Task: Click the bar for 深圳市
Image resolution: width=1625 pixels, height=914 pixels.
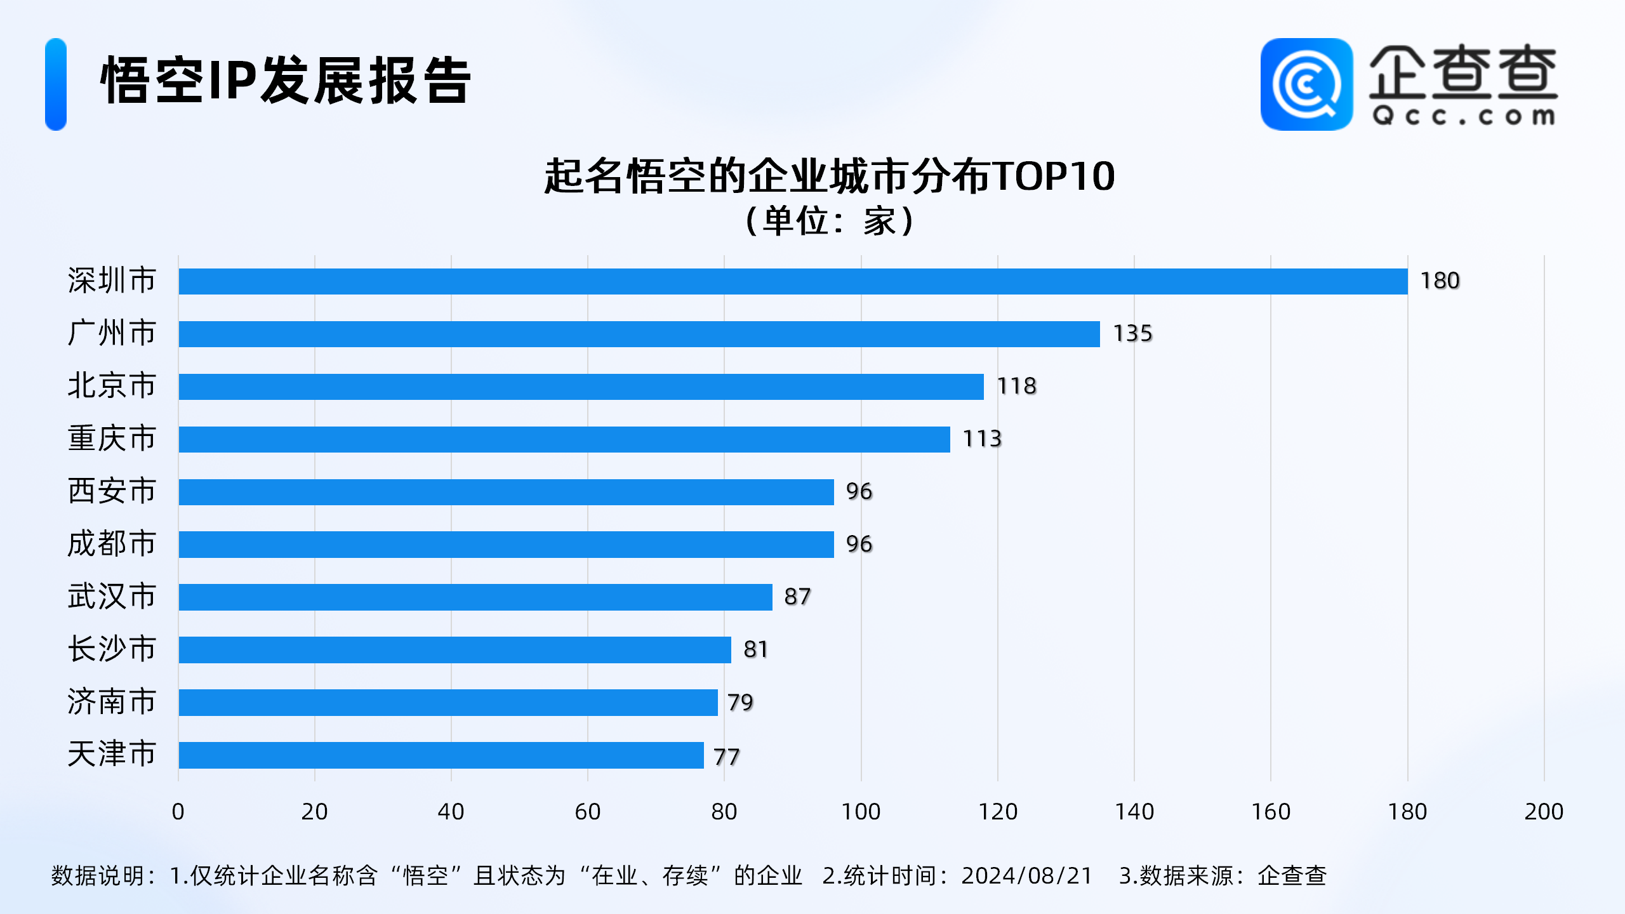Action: tap(793, 281)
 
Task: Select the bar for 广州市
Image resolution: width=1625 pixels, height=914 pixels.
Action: tap(639, 334)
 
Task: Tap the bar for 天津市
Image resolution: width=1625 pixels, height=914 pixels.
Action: tap(441, 755)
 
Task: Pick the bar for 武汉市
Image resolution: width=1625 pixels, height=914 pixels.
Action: tap(475, 597)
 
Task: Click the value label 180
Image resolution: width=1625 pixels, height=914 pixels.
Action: tap(1440, 281)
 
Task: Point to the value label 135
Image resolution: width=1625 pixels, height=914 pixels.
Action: tap(1132, 333)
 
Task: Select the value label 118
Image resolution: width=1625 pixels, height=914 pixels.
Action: tap(1016, 386)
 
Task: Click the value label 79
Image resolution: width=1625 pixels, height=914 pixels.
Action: tap(740, 702)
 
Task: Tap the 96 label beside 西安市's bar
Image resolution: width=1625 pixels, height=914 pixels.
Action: tap(859, 491)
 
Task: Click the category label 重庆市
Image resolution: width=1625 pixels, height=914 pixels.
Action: tap(112, 439)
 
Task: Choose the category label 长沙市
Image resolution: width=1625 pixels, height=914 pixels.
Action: tap(112, 649)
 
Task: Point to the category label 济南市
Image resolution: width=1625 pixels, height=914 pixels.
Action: tap(112, 702)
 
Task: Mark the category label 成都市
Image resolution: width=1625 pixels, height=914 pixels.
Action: tap(112, 544)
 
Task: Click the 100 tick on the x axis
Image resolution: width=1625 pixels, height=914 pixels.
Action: tap(861, 812)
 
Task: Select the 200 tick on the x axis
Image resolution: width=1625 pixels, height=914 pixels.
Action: tap(1544, 812)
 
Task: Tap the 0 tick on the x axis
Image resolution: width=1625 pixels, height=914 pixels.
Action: tap(178, 812)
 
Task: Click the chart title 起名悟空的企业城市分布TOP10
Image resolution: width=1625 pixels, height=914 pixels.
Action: tap(829, 176)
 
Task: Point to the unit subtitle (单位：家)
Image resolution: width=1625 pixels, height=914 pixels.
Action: tap(829, 222)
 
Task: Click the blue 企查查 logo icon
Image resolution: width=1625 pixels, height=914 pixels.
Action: tap(1306, 84)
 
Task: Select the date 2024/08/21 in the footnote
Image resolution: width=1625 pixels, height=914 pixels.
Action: tap(1026, 876)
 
